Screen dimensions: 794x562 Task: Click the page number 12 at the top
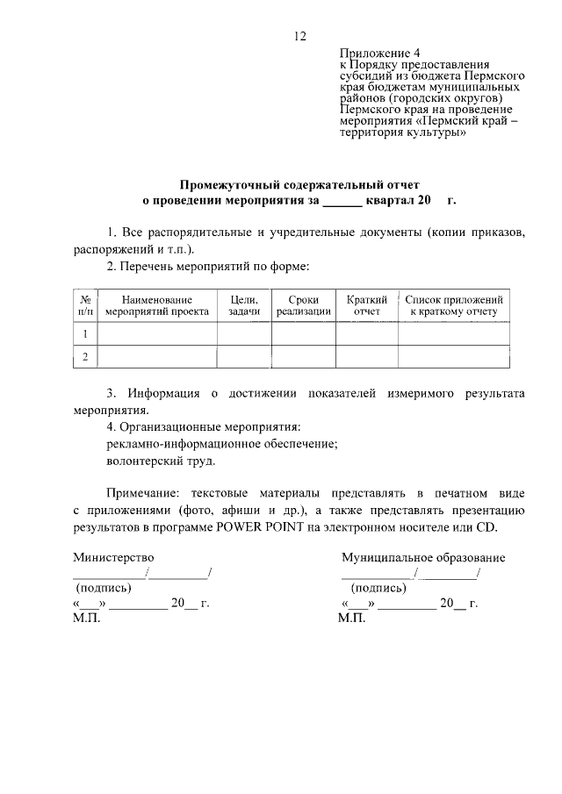tap(300, 36)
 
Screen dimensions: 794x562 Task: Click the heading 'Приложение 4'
tap(373, 54)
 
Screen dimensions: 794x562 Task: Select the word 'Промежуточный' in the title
tap(224, 185)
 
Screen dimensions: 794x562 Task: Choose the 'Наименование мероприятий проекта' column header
tap(157, 305)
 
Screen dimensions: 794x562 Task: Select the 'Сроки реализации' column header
tap(304, 305)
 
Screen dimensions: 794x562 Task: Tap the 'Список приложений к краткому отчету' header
tap(453, 305)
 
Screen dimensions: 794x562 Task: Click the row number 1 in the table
tap(86, 334)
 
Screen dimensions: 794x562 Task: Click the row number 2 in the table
tap(86, 357)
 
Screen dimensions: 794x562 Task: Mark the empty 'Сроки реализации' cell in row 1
tap(304, 334)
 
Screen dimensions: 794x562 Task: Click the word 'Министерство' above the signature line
tap(113, 557)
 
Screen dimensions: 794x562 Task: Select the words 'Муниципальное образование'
tap(423, 557)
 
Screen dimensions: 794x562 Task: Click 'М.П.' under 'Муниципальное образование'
tap(350, 619)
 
